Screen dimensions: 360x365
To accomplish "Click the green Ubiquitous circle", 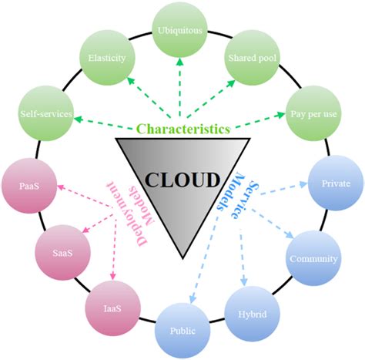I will (183, 30).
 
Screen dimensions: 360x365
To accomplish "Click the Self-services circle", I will (46, 114).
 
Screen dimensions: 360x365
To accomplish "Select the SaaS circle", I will (59, 251).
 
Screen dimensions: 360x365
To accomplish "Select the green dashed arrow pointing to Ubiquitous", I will (183, 86).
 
